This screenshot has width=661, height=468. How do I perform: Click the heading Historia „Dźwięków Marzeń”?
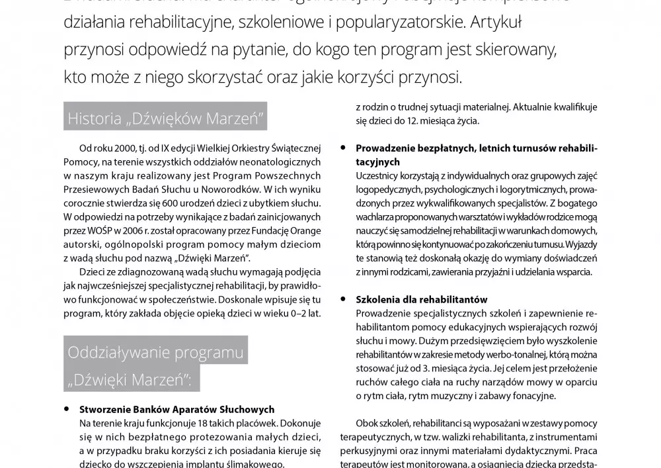(166, 120)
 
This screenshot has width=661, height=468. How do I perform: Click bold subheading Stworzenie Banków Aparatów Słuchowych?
(176, 410)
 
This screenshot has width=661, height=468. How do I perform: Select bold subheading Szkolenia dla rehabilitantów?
(422, 299)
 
